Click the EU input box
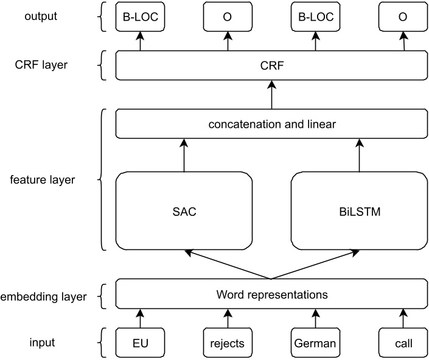tap(140, 343)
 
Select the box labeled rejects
tap(228, 343)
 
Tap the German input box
tap(315, 343)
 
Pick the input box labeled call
tap(402, 343)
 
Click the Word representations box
tap(271, 295)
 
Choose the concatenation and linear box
tap(271, 125)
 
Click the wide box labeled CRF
tap(271, 66)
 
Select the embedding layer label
tap(44, 297)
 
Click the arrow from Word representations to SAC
tap(228, 265)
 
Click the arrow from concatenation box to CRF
tap(271, 95)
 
